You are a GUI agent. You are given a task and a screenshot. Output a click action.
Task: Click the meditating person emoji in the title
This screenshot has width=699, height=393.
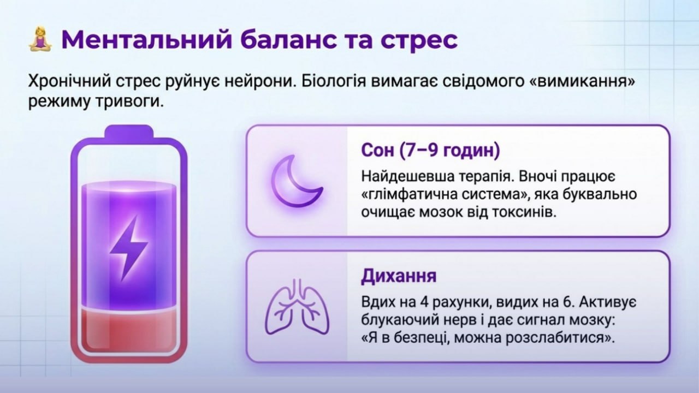click(x=40, y=40)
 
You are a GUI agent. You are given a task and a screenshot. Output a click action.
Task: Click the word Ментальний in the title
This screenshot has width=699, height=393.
click(x=147, y=40)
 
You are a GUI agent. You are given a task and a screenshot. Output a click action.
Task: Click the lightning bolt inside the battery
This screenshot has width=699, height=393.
click(x=128, y=248)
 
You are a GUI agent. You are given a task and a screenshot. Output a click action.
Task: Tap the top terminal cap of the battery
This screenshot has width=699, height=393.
click(x=129, y=132)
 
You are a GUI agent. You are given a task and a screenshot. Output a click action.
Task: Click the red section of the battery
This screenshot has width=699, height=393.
click(x=128, y=331)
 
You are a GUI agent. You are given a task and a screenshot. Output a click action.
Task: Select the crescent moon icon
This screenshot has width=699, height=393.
click(x=297, y=181)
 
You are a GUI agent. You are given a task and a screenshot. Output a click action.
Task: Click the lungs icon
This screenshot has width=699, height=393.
click(x=297, y=306)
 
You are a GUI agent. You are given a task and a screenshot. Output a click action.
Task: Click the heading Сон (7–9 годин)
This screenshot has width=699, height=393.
click(x=431, y=150)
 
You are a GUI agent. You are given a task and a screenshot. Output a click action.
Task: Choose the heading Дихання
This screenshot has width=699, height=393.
click(x=399, y=276)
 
